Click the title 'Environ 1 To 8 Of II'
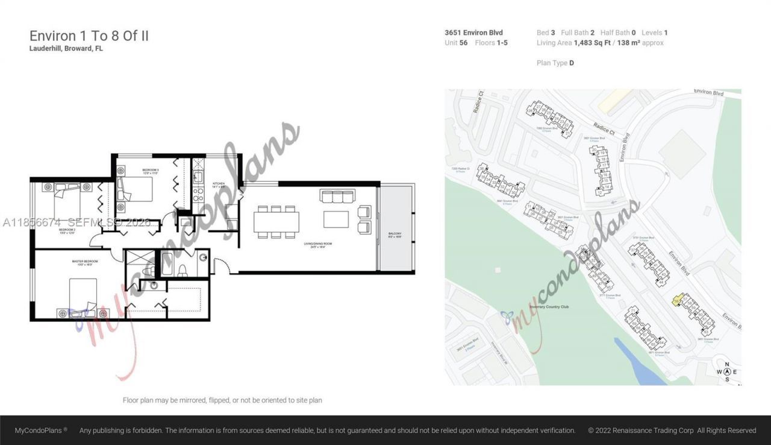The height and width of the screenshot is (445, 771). tap(89, 36)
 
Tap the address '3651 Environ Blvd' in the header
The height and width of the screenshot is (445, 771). tap(473, 33)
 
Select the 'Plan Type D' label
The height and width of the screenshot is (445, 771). tap(555, 63)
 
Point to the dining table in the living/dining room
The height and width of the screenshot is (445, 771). tap(276, 222)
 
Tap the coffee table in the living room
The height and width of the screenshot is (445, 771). tap(336, 219)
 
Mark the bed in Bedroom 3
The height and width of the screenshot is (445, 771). tap(136, 188)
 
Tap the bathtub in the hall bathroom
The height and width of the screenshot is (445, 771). tap(166, 264)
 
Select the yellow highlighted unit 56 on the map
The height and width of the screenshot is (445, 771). tap(677, 299)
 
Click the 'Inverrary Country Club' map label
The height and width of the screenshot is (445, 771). tap(549, 307)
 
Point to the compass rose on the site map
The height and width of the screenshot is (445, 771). tap(727, 371)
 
